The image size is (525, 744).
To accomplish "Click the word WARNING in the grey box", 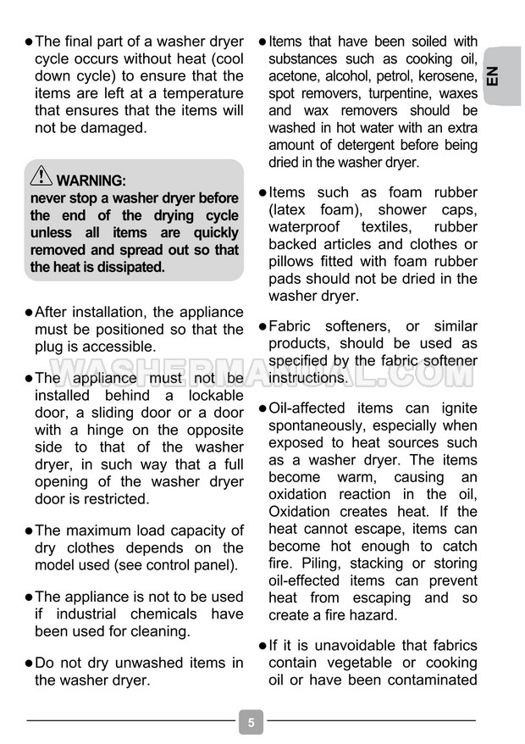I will pos(91,180).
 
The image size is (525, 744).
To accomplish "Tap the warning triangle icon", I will pos(41,177).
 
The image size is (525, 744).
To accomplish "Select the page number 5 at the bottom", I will pos(251,723).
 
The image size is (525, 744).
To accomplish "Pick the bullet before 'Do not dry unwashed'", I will pos(30,663).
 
